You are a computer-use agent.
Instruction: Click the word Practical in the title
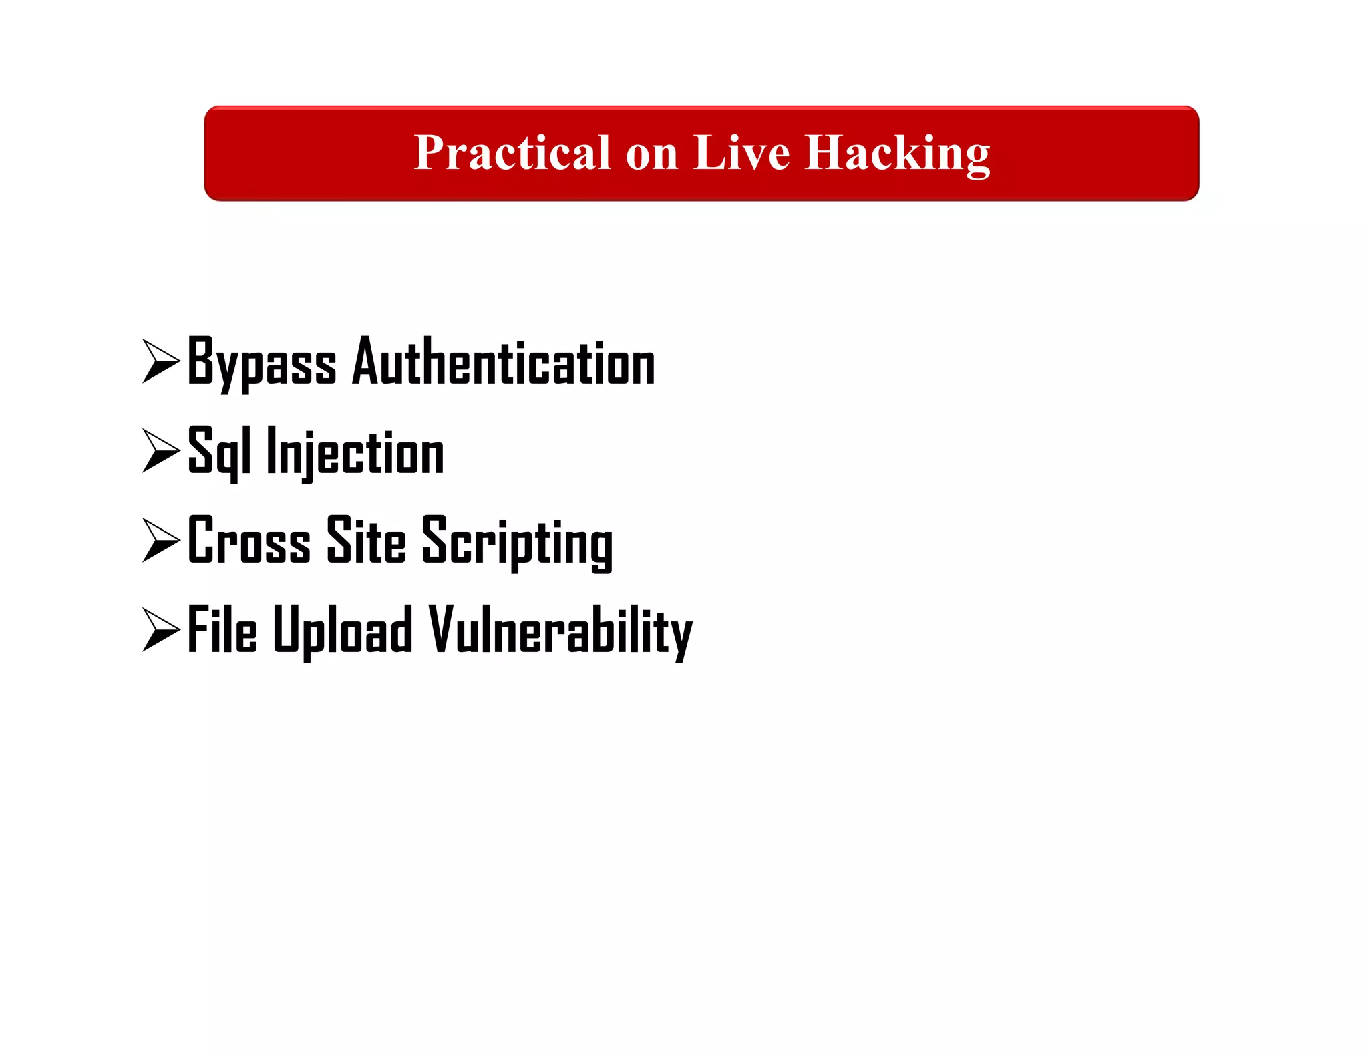[x=512, y=152]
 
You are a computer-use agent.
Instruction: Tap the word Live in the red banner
[x=741, y=152]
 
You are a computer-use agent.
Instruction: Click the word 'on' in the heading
[x=652, y=155]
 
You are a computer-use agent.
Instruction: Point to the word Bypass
[x=262, y=362]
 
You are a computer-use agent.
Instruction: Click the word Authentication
[x=504, y=362]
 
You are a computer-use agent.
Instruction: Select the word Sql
[x=220, y=452]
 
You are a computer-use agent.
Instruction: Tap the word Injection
[x=355, y=452]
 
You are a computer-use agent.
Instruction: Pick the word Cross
[x=249, y=541]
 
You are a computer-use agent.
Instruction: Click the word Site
[x=366, y=541]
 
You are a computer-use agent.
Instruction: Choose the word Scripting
[x=517, y=543]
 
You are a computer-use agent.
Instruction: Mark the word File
[x=222, y=629]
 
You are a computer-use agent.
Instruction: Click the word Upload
[x=343, y=631]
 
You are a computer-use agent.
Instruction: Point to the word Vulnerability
[x=560, y=631]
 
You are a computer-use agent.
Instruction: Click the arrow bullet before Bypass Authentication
[x=161, y=361]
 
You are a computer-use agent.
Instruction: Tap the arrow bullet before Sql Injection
[x=161, y=451]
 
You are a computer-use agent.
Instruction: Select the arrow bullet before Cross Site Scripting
[x=161, y=540]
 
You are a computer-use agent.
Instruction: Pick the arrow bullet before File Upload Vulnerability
[x=161, y=629]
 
